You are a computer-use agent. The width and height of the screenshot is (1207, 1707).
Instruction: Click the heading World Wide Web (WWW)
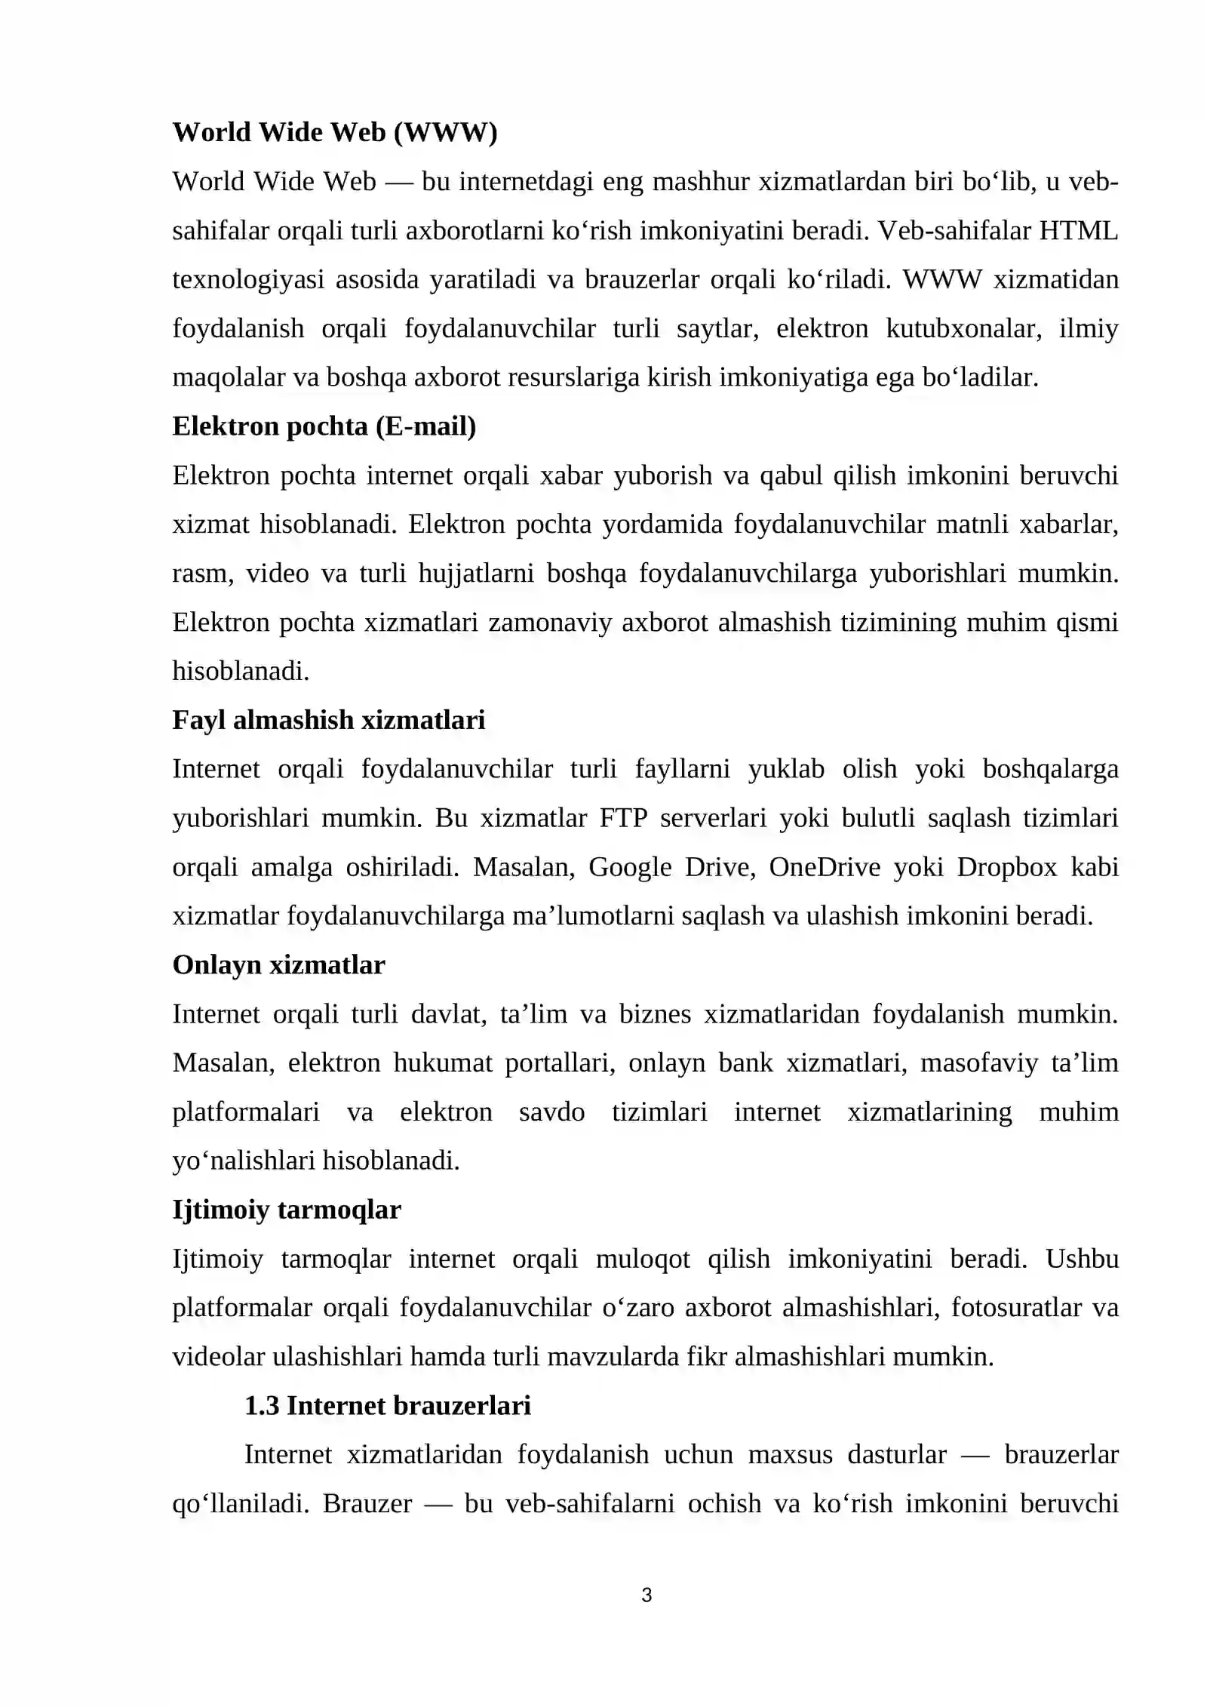335,133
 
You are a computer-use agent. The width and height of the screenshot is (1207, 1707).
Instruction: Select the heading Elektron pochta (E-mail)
324,426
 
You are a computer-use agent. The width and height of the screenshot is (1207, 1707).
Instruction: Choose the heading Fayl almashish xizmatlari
328,720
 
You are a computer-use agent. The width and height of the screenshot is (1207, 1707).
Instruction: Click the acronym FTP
623,818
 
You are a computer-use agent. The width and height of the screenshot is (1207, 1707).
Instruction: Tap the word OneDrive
825,867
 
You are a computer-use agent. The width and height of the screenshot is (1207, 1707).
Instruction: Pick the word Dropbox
1007,867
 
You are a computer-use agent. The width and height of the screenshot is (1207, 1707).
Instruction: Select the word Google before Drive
630,867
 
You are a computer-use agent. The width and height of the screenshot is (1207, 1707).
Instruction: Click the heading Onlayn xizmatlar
278,964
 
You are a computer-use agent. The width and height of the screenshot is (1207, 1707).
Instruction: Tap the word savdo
551,1112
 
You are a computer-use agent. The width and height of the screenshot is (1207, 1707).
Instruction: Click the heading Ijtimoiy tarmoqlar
287,1210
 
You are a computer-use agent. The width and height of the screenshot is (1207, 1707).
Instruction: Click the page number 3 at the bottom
646,1595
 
